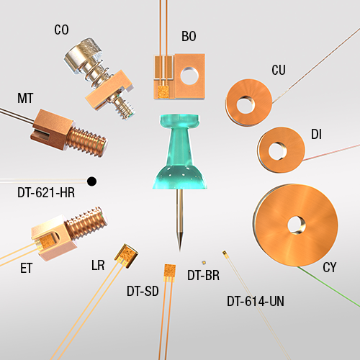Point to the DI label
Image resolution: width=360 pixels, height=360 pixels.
click(318, 134)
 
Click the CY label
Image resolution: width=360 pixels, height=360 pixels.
click(330, 268)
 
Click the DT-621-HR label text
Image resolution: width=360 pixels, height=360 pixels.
click(48, 192)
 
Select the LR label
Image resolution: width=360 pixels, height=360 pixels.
click(98, 266)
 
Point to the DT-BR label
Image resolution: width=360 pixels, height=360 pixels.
click(202, 275)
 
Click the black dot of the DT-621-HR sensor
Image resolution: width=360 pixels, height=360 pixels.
click(91, 180)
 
